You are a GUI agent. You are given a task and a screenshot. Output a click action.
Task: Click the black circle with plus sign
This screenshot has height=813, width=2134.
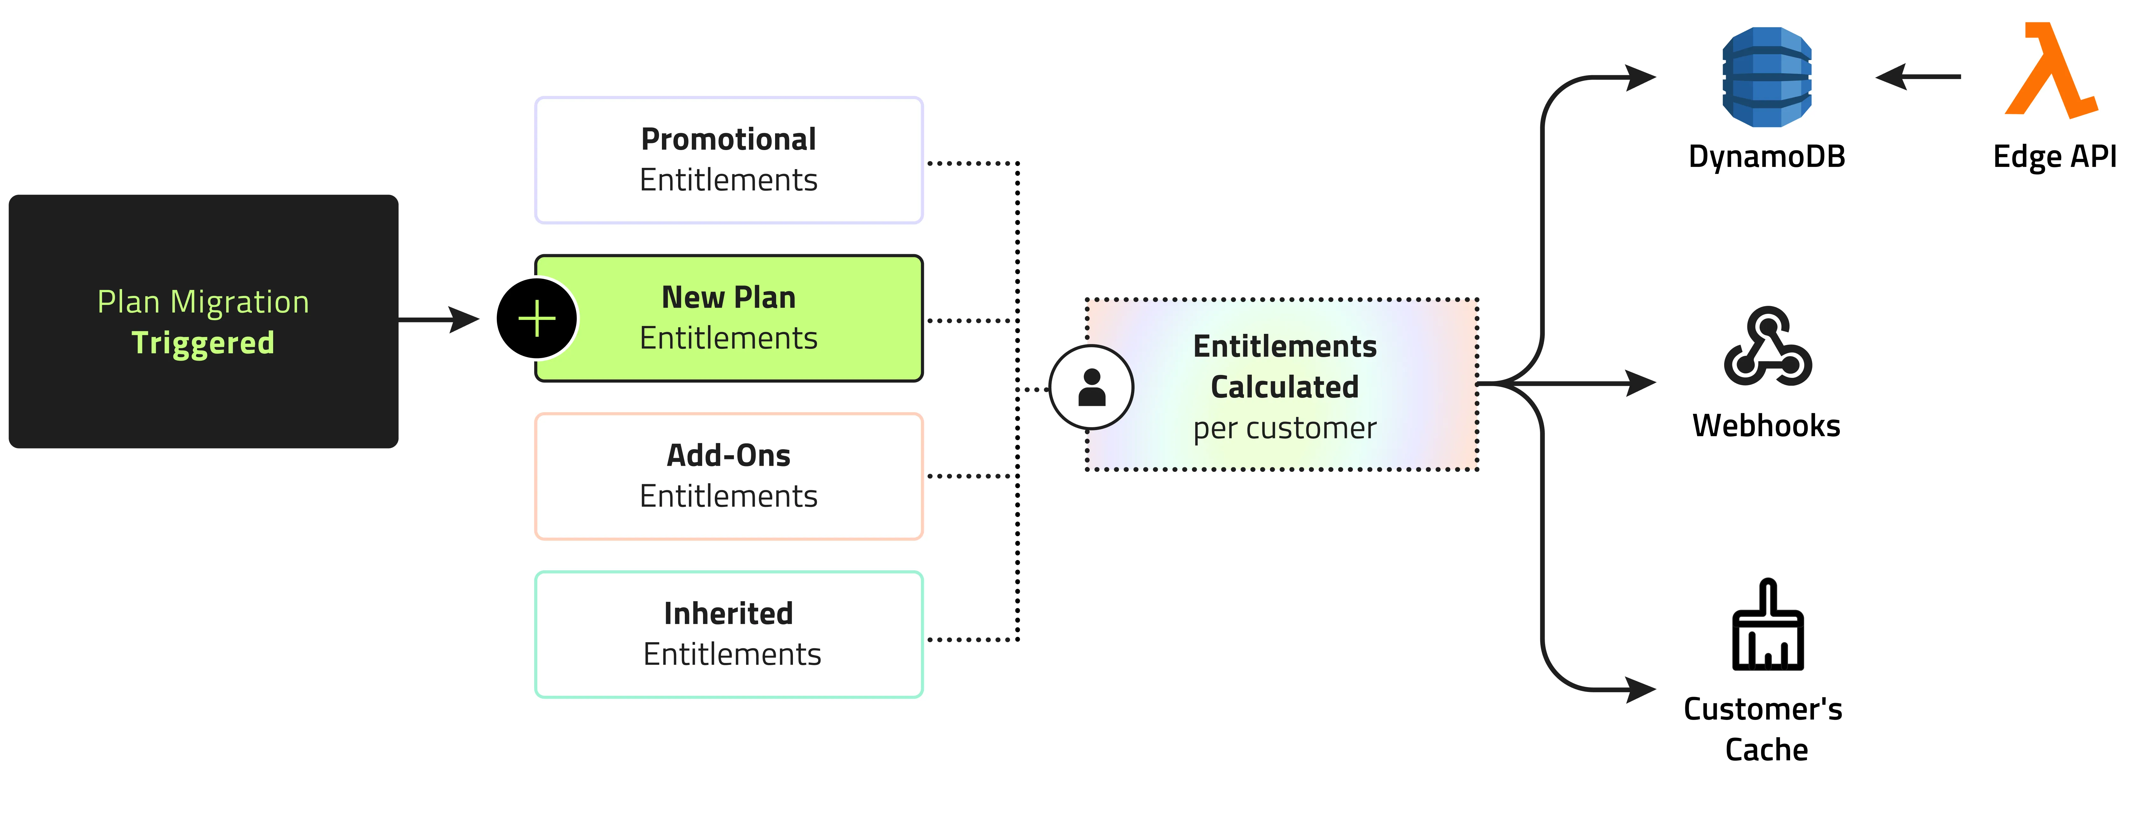point(537,319)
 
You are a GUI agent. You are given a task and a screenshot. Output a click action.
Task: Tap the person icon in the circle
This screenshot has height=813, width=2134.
point(1092,387)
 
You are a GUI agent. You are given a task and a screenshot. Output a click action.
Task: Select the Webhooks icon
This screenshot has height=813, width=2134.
point(1767,348)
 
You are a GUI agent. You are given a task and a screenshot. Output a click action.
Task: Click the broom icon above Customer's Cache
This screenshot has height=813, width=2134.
point(1767,627)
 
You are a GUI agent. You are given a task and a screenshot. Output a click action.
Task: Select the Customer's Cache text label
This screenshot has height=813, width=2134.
point(1765,729)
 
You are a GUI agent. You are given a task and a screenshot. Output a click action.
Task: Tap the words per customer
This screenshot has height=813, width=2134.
point(1284,428)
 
